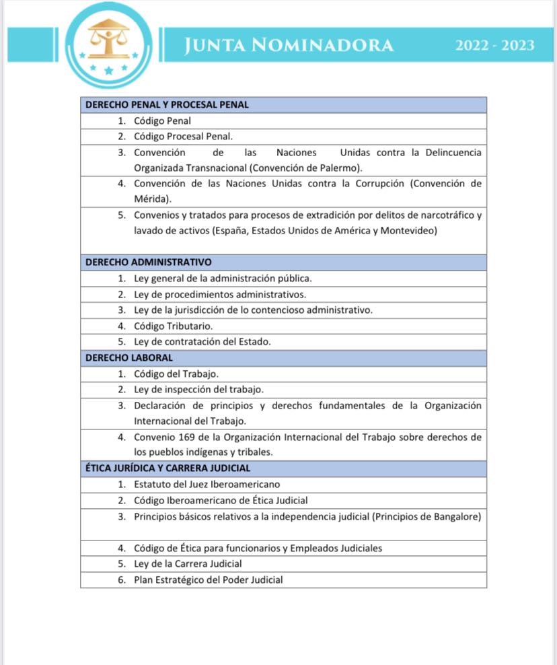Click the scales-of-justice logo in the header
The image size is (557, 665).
(x=108, y=45)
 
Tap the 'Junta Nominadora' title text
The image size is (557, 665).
(x=289, y=45)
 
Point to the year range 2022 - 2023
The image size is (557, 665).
(x=494, y=46)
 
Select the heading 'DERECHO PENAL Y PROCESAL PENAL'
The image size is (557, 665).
(x=167, y=105)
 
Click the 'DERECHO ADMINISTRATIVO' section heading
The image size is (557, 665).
(x=149, y=262)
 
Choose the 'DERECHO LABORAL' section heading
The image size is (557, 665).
(x=129, y=357)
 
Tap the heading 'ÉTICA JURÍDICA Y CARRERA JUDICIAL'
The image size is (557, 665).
(x=168, y=468)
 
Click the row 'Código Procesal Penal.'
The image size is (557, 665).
(x=183, y=137)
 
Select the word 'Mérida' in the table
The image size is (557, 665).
(x=149, y=199)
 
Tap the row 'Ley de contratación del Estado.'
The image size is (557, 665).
(x=202, y=341)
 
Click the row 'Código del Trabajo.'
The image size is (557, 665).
(x=176, y=374)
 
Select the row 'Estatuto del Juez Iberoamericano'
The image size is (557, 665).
(x=207, y=484)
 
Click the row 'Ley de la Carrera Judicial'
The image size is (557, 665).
(x=188, y=563)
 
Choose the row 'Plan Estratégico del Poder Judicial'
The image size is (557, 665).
(x=208, y=580)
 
